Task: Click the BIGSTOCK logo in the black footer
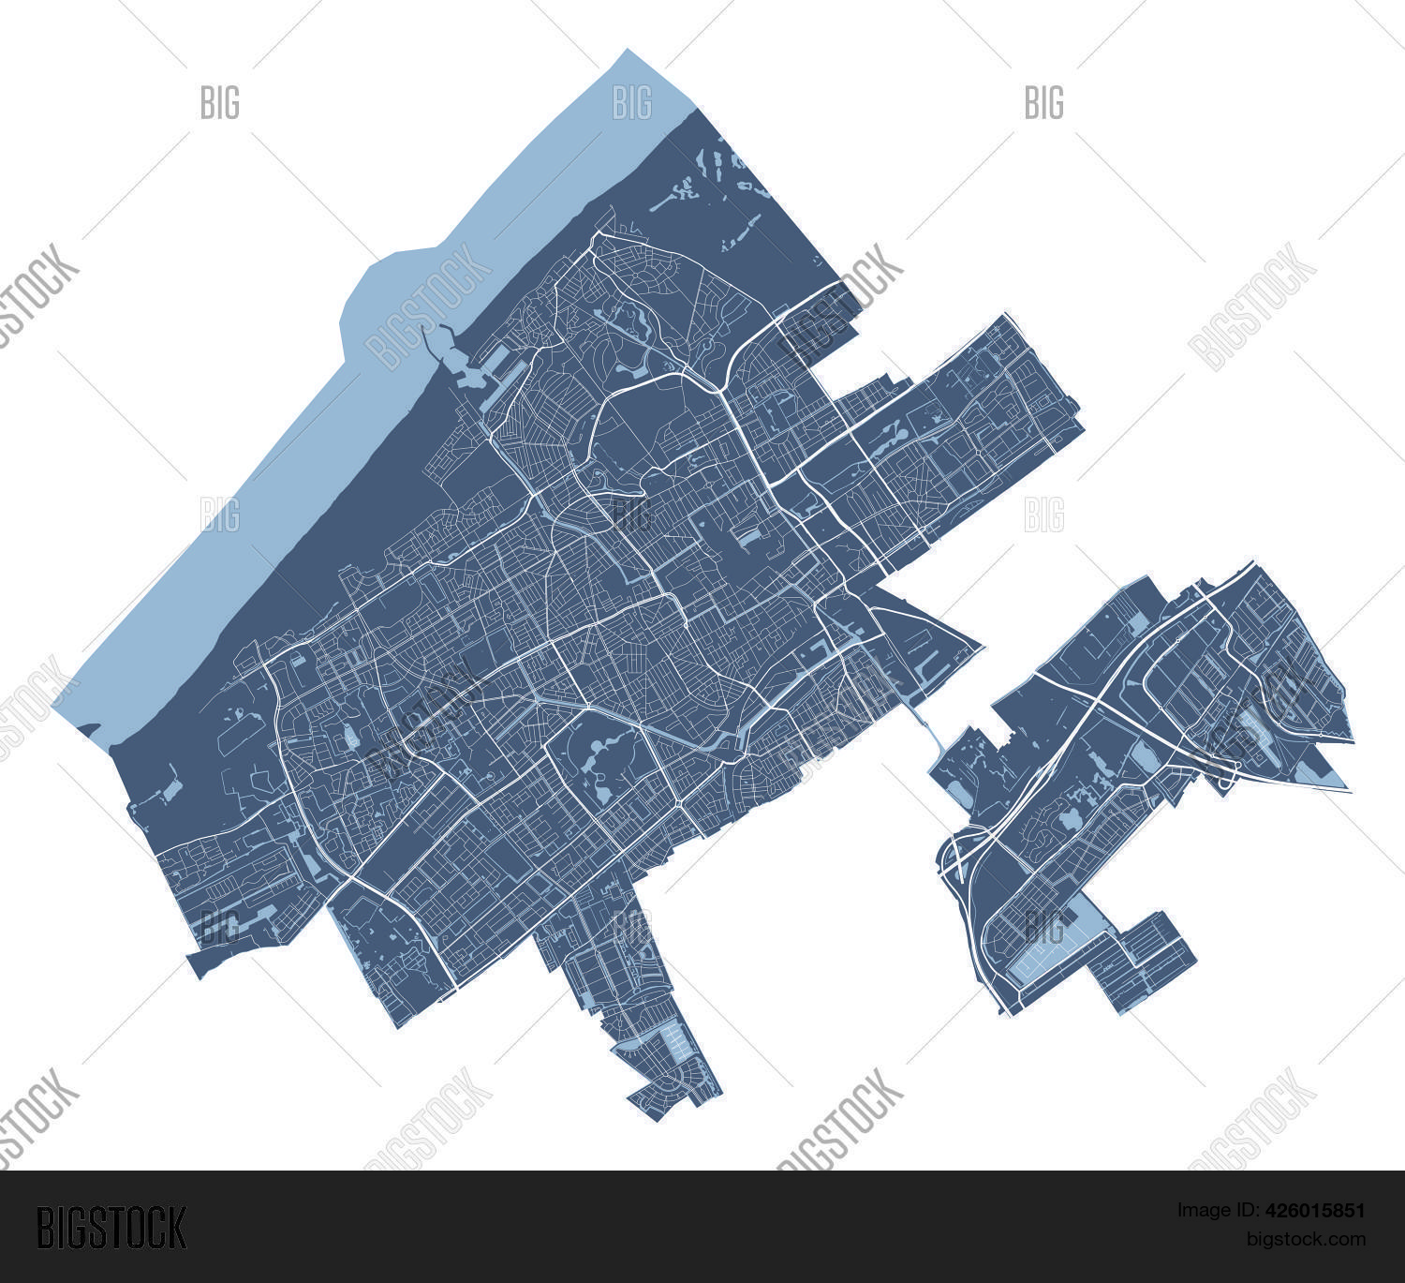point(111,1227)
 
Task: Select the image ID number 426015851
point(1314,1210)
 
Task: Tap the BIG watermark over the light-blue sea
point(632,102)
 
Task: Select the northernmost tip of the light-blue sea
point(629,52)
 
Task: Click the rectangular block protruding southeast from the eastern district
point(1158,961)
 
